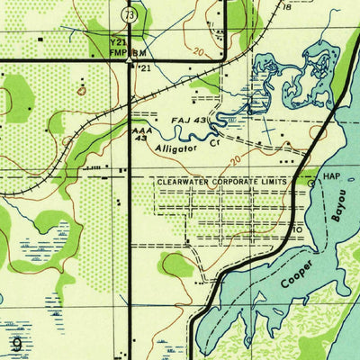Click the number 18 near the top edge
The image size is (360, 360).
(287, 6)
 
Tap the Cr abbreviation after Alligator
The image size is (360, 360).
(214, 140)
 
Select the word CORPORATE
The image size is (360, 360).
(237, 181)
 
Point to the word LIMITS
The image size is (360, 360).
(276, 181)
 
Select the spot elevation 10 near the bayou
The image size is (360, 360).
(297, 229)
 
